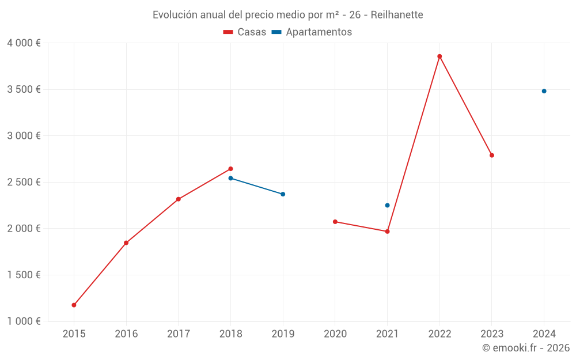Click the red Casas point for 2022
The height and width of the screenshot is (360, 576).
[439, 56]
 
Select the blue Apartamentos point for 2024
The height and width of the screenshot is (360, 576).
[544, 91]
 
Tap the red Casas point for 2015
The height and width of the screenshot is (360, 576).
[74, 305]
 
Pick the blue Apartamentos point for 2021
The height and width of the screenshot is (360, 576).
[387, 205]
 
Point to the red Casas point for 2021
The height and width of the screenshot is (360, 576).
[387, 232]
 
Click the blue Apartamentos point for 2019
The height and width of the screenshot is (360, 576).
[283, 194]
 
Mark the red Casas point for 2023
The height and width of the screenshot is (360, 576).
[492, 156]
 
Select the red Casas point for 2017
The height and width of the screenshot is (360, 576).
[179, 199]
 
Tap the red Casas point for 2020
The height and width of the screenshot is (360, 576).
[335, 222]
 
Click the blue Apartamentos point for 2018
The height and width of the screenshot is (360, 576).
[230, 178]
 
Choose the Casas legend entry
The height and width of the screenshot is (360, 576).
[245, 32]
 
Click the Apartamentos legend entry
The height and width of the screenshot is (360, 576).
[312, 32]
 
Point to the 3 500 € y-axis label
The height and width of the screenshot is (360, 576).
[24, 89]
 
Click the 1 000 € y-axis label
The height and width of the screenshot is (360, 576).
[24, 321]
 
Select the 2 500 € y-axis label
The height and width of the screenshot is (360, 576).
[24, 182]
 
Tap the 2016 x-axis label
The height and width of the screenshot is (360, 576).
[126, 334]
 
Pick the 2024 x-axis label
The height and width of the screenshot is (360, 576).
[544, 334]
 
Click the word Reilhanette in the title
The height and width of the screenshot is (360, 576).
[397, 15]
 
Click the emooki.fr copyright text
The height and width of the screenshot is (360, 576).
[526, 348]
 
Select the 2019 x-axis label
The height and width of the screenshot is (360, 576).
[283, 334]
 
